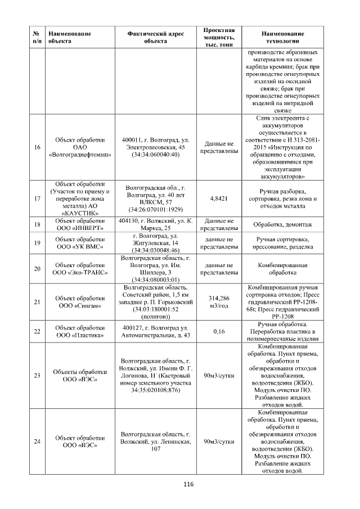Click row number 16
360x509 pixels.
(37, 147)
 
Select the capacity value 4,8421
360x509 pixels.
(218, 199)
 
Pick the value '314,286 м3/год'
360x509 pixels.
(218, 302)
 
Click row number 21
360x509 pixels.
(37, 302)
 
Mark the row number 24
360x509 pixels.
(37, 442)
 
